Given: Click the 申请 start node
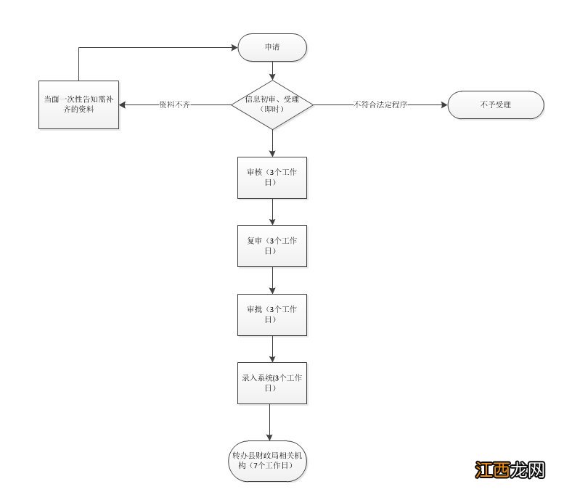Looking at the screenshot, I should [272, 48].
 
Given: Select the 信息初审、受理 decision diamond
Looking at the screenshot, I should [272, 104].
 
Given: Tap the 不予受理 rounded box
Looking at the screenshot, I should [495, 105].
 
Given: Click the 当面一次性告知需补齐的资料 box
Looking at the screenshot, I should [78, 105].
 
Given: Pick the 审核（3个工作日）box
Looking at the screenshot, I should [272, 178].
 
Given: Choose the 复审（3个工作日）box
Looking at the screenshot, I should [272, 246].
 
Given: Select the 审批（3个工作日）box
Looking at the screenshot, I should [272, 314].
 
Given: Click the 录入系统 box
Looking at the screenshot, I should [272, 383].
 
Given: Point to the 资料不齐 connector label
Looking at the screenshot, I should [174, 104].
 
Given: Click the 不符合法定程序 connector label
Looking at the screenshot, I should [380, 104].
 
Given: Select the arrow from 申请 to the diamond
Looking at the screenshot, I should [272, 70].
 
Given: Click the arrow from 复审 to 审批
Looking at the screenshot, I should [272, 280].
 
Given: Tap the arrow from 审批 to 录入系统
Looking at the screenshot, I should [272, 349].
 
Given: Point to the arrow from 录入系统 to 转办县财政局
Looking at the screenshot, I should [269, 421].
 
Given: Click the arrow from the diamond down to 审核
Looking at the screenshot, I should [272, 143].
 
